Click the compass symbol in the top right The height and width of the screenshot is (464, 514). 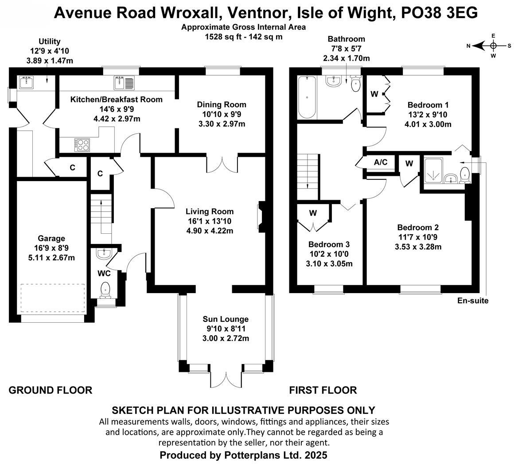point(493,45)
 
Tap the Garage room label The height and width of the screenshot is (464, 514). point(51,239)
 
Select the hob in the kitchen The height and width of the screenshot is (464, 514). point(82,144)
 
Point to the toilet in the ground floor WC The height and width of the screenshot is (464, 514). point(105,289)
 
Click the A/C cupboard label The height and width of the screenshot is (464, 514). point(381,162)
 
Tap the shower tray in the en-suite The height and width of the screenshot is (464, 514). point(433,170)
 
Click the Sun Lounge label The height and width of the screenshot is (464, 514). point(226,319)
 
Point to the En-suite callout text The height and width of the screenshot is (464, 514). point(473,301)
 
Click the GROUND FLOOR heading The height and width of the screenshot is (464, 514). point(51,390)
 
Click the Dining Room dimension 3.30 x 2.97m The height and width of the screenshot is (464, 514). point(221,124)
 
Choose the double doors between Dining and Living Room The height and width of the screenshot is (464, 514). point(222,165)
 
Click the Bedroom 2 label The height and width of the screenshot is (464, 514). point(418,228)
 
